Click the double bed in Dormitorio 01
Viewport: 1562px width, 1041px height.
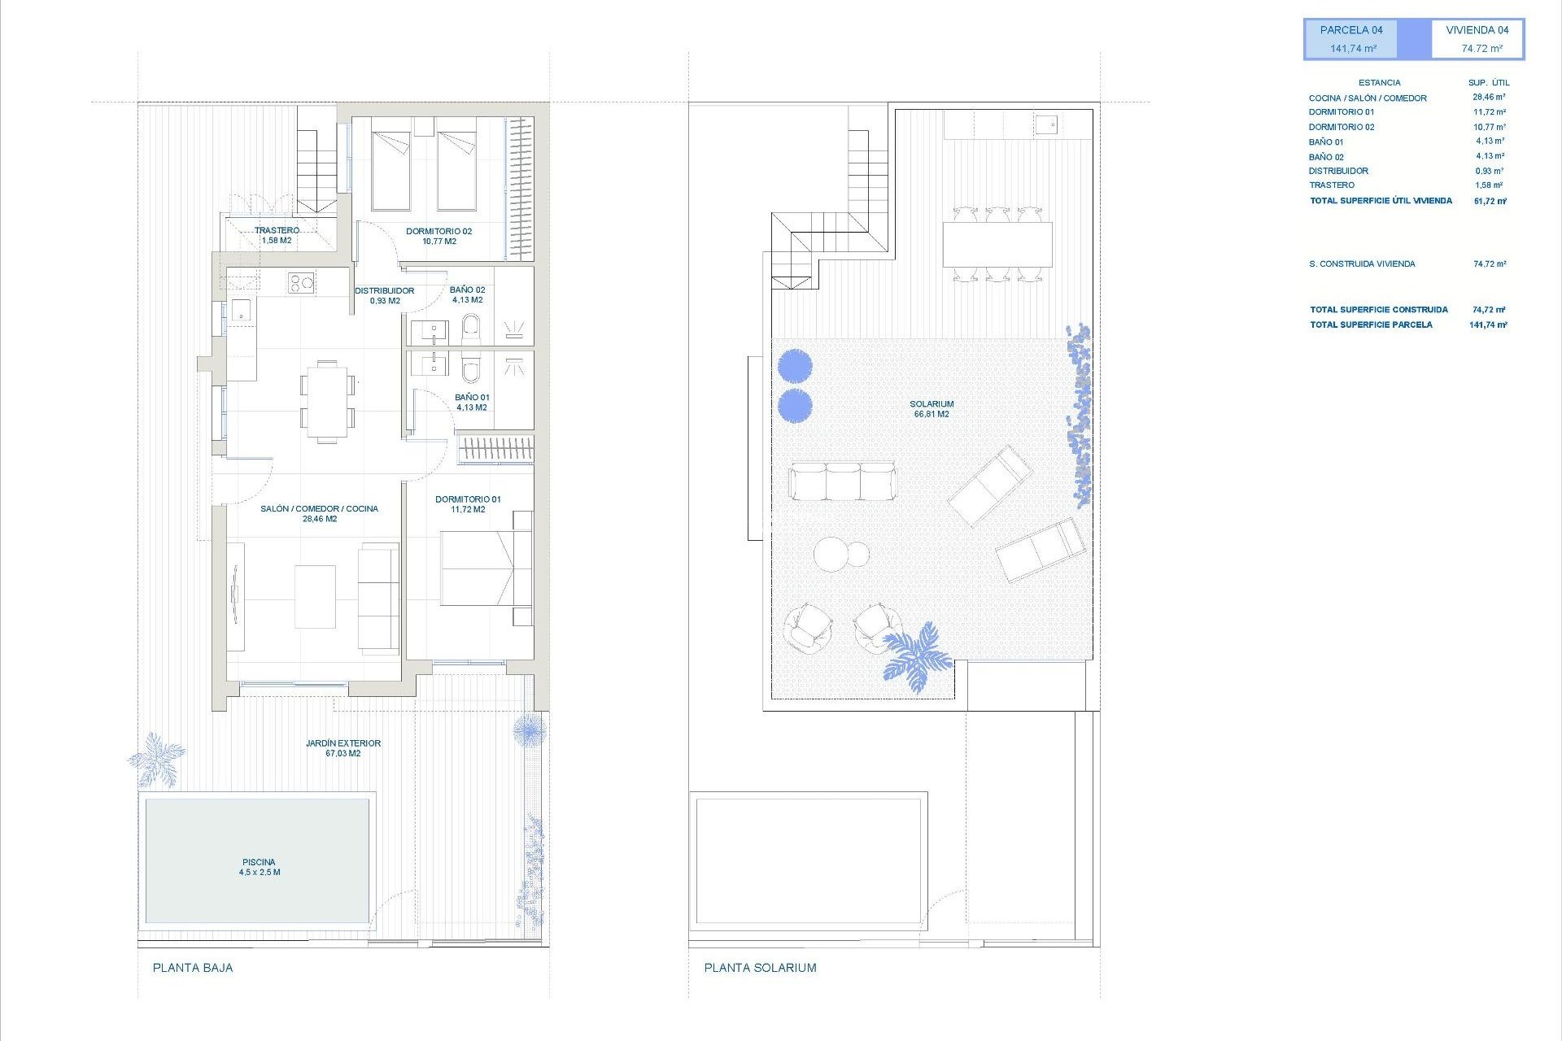pyautogui.click(x=478, y=568)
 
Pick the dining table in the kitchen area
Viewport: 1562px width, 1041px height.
pyautogui.click(x=327, y=401)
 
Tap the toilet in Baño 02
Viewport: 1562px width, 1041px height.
pyautogui.click(x=471, y=329)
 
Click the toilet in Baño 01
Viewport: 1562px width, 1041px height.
pyautogui.click(x=471, y=370)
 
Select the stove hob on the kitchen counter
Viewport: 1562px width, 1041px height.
pyautogui.click(x=301, y=282)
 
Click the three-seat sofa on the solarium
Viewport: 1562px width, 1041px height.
pyautogui.click(x=842, y=481)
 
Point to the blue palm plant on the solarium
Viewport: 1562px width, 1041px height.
pyautogui.click(x=917, y=656)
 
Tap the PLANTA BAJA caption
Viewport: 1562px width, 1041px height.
pyautogui.click(x=193, y=968)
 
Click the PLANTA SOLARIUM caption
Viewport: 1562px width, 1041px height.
pyautogui.click(x=760, y=968)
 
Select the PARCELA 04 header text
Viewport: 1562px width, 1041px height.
pyautogui.click(x=1351, y=30)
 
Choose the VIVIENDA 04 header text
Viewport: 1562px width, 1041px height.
pyautogui.click(x=1477, y=30)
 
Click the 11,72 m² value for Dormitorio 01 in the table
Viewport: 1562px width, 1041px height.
pyautogui.click(x=1489, y=112)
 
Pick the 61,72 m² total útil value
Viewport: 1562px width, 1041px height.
pyautogui.click(x=1490, y=201)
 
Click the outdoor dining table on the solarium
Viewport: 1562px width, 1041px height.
pyautogui.click(x=997, y=244)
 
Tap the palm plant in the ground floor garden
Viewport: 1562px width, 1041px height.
pyautogui.click(x=156, y=760)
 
